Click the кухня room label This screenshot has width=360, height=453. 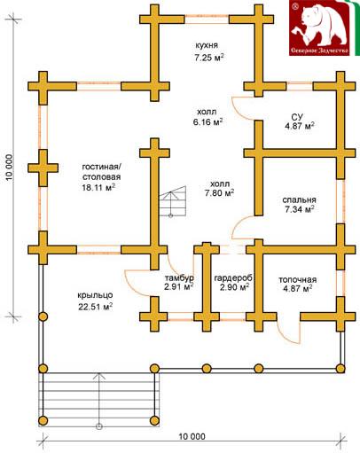click(207, 45)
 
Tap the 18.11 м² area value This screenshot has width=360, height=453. click(98, 188)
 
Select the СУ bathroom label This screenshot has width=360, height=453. click(298, 116)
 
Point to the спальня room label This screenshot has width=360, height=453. click(299, 200)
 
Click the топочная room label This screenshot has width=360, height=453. click(298, 279)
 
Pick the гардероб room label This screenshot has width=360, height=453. click(233, 278)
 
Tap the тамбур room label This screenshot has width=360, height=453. click(179, 278)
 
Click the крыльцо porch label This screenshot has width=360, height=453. click(95, 295)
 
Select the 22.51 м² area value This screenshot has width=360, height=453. click(95, 307)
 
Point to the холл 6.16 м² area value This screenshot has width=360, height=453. click(207, 121)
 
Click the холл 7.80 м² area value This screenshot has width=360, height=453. click(220, 193)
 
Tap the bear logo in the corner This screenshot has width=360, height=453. click(320, 28)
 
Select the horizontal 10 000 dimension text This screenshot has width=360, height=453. click(192, 436)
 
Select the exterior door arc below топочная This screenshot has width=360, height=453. click(285, 335)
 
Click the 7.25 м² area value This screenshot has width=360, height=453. click(208, 57)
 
